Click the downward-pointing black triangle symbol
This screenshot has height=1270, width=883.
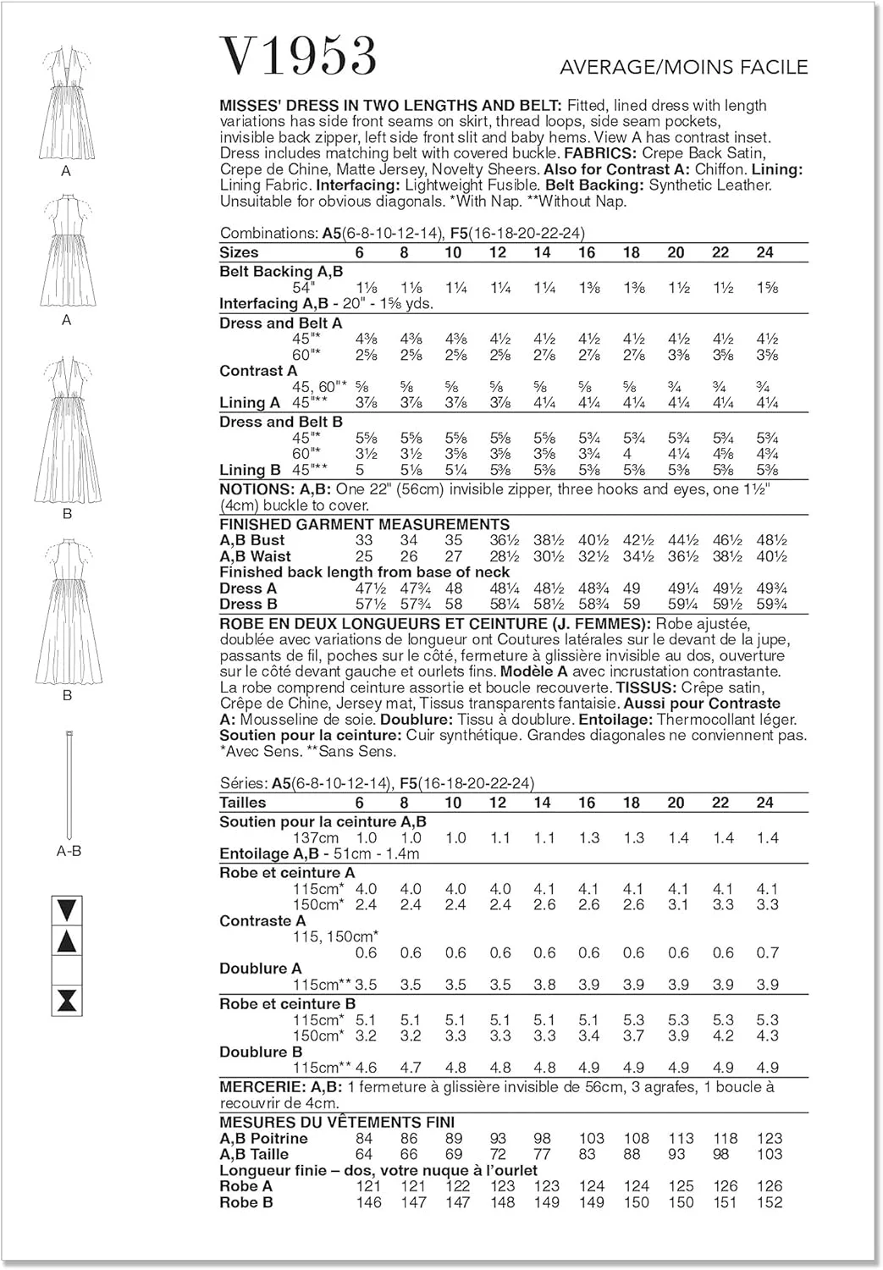(x=67, y=911)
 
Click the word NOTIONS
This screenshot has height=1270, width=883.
(x=256, y=489)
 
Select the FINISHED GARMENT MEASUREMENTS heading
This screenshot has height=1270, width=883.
(x=364, y=524)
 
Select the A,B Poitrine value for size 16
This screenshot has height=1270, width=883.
(x=591, y=1139)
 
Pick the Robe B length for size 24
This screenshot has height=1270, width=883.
(x=770, y=1202)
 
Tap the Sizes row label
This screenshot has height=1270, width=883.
(x=239, y=252)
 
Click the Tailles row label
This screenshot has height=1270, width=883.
(x=242, y=803)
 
